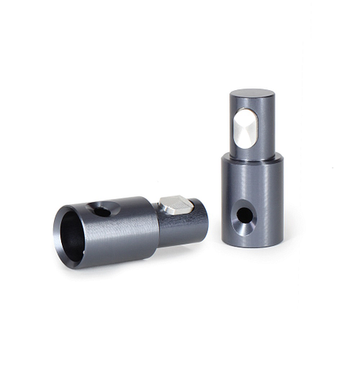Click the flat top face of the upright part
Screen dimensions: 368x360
point(251,94)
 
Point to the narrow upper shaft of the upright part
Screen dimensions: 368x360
point(265,125)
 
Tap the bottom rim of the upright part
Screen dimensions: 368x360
point(253,244)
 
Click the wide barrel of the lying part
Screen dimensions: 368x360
point(121,231)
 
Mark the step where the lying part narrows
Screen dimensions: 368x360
point(157,227)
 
